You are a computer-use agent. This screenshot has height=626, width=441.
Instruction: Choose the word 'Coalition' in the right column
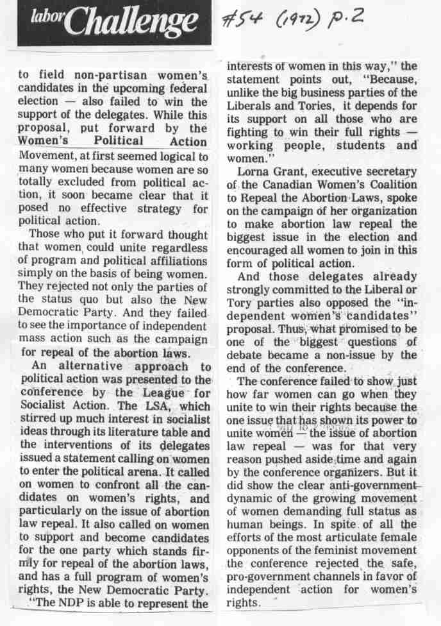(387, 185)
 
